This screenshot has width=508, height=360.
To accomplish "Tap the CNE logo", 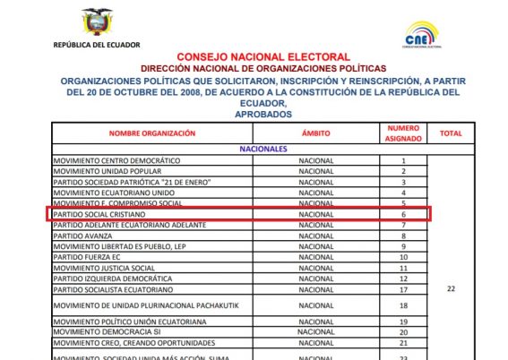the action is click(420, 36).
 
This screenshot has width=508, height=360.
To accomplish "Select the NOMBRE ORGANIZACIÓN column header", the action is click(151, 133).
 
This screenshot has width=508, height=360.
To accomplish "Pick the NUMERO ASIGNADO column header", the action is click(403, 133).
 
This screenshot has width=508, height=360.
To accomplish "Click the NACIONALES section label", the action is click(262, 148).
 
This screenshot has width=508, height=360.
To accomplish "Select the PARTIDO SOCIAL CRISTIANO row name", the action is click(99, 214).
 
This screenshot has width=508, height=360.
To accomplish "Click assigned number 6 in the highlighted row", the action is click(403, 214).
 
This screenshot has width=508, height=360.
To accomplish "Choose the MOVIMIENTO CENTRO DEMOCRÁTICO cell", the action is click(117, 160).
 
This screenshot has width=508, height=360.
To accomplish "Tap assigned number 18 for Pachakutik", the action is click(403, 305).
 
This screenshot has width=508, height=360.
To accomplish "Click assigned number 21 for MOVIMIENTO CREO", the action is click(403, 343).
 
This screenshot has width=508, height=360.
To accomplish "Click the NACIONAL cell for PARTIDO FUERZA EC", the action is click(315, 257).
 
